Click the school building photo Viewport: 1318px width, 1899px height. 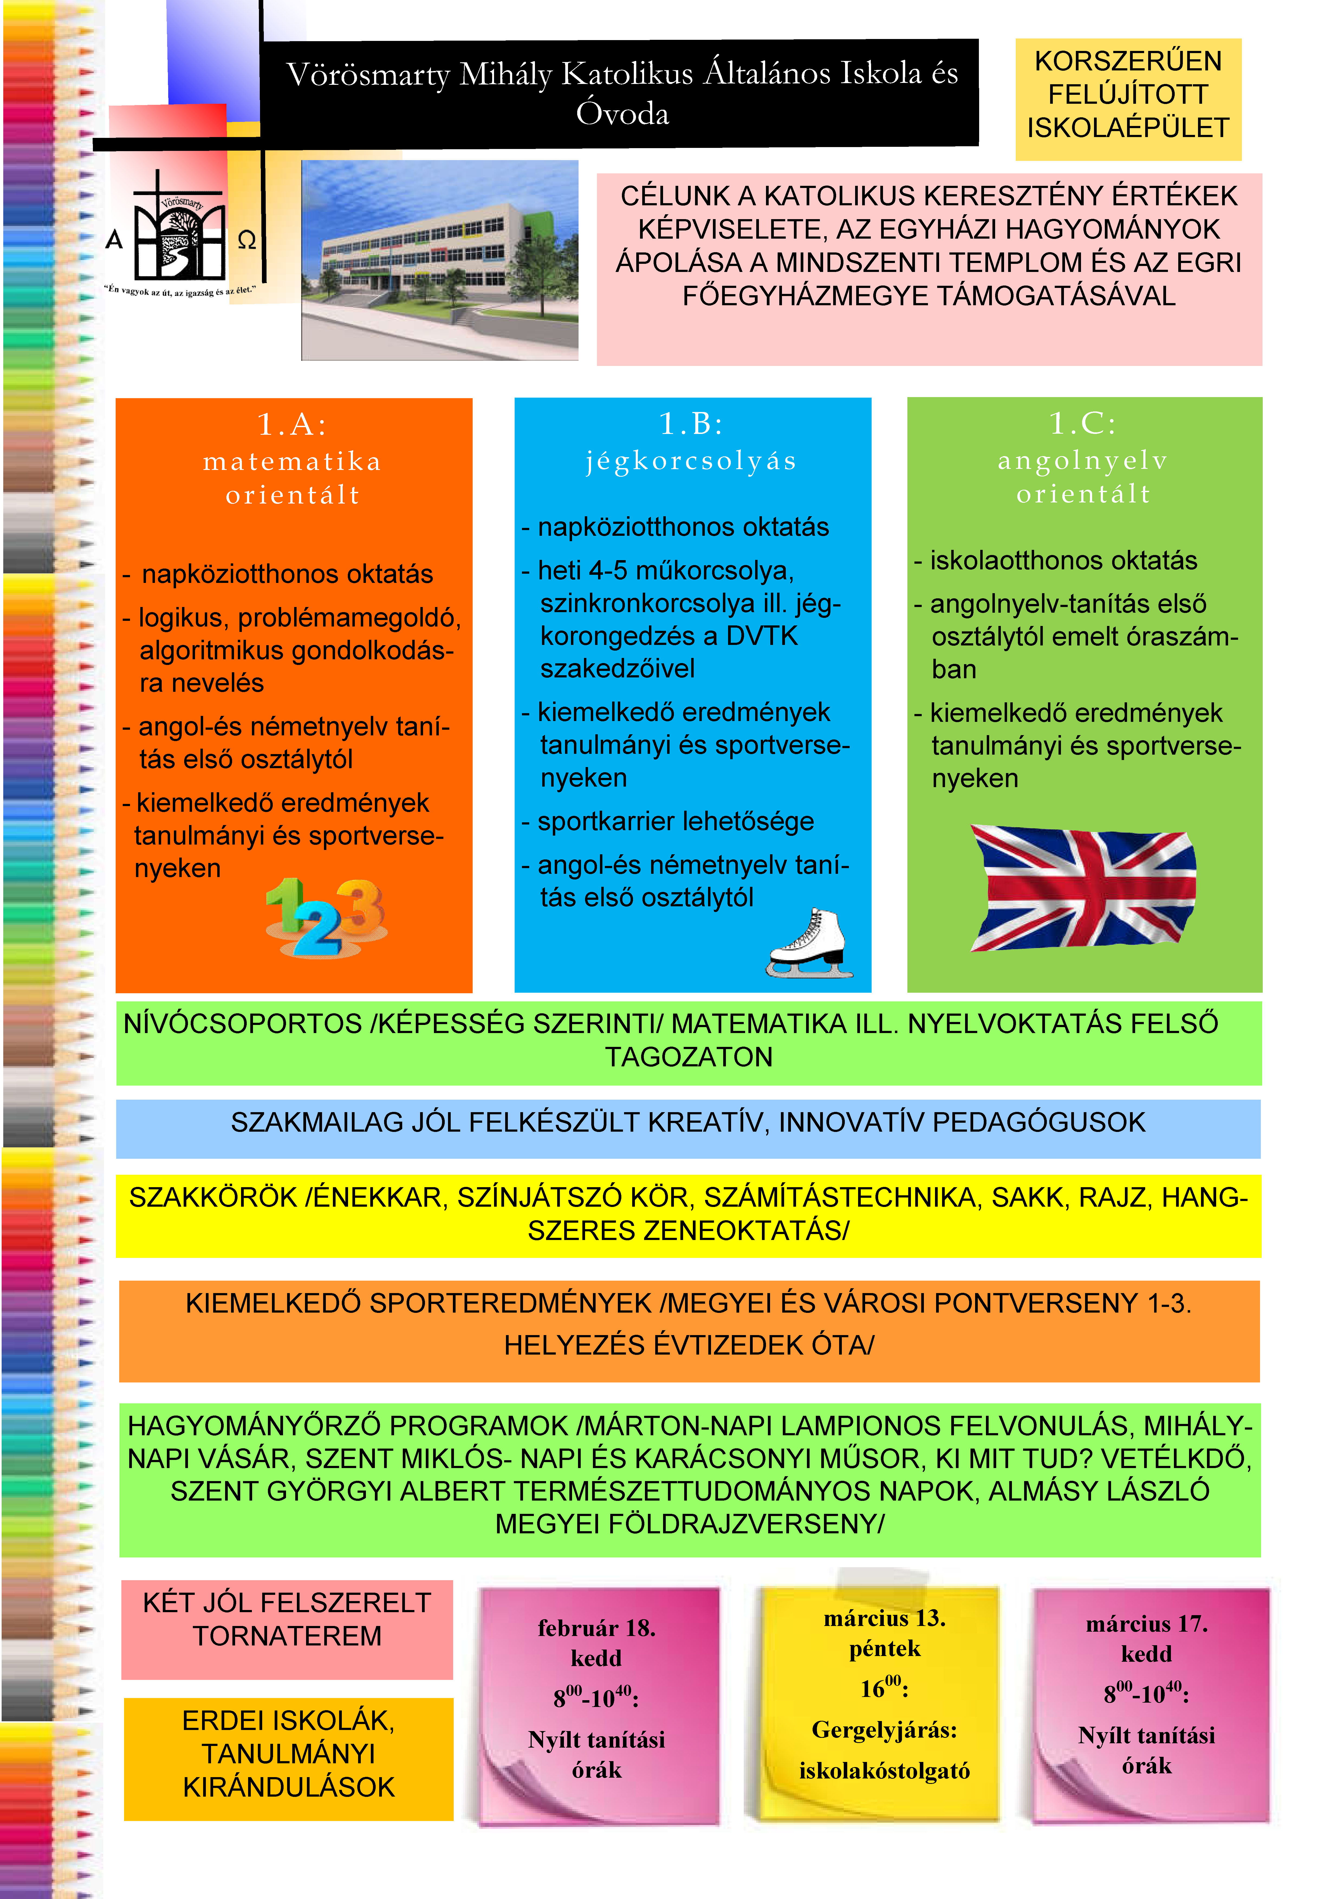439,260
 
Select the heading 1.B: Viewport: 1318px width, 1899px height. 691,424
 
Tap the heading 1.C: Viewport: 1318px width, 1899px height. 1083,424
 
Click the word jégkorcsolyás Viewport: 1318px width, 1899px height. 691,461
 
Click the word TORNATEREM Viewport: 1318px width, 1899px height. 287,1636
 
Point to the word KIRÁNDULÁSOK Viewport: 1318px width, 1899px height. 289,1787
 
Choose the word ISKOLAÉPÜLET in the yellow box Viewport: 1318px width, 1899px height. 1128,128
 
